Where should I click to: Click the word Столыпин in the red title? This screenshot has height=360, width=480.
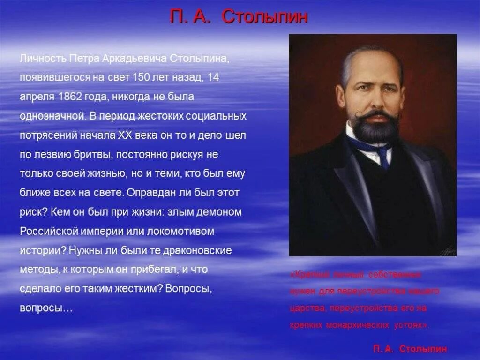pos(265,17)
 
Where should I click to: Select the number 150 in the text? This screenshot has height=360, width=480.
pos(141,78)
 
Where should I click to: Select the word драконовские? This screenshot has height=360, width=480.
pos(197,250)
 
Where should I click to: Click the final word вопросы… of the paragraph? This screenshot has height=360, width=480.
pos(46,308)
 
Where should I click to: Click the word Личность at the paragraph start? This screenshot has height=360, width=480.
pos(43,59)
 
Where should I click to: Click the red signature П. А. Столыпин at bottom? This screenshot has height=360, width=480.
pos(410,349)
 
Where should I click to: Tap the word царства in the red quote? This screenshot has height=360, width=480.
pos(308,308)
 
